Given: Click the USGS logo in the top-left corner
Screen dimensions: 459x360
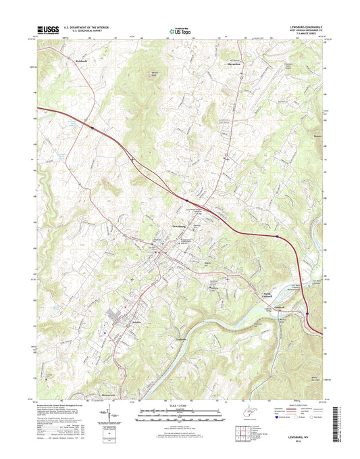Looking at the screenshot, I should click(x=49, y=30).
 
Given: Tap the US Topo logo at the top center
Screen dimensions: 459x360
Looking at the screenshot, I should click(x=180, y=30).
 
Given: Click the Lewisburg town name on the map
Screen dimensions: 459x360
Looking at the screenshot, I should click(x=174, y=226).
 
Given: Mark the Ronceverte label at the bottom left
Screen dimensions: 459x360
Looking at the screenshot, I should click(x=109, y=391).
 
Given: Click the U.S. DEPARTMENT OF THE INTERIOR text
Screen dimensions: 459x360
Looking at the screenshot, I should click(x=86, y=28).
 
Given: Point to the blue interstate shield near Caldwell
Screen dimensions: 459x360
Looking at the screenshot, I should click(x=307, y=314).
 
